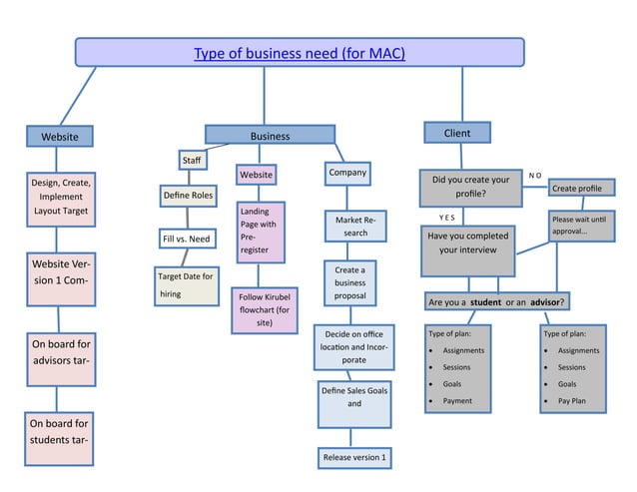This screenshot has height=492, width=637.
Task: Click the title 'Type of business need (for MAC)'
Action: (x=300, y=53)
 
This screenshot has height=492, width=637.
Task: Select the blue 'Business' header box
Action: (x=270, y=136)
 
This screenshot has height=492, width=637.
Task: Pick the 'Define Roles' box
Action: (x=188, y=195)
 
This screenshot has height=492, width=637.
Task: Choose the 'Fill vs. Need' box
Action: (x=186, y=239)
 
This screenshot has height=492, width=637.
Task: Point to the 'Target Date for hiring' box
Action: (x=186, y=284)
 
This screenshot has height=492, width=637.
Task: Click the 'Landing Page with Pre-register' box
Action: (x=261, y=233)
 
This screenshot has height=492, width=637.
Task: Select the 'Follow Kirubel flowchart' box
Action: (x=264, y=309)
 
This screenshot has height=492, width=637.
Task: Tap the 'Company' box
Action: (x=346, y=174)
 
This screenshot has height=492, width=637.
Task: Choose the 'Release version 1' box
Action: (x=353, y=457)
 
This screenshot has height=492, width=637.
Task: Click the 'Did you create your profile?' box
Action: (x=470, y=187)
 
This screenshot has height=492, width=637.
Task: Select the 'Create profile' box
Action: (x=576, y=188)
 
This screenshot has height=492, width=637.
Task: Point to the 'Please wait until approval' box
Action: (x=577, y=226)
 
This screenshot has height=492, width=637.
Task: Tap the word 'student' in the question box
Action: (x=486, y=301)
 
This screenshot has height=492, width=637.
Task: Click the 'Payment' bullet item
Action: (x=458, y=401)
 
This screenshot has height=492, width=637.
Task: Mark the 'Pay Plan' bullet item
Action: (x=572, y=401)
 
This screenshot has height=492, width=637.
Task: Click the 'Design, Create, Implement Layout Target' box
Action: (x=61, y=198)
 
